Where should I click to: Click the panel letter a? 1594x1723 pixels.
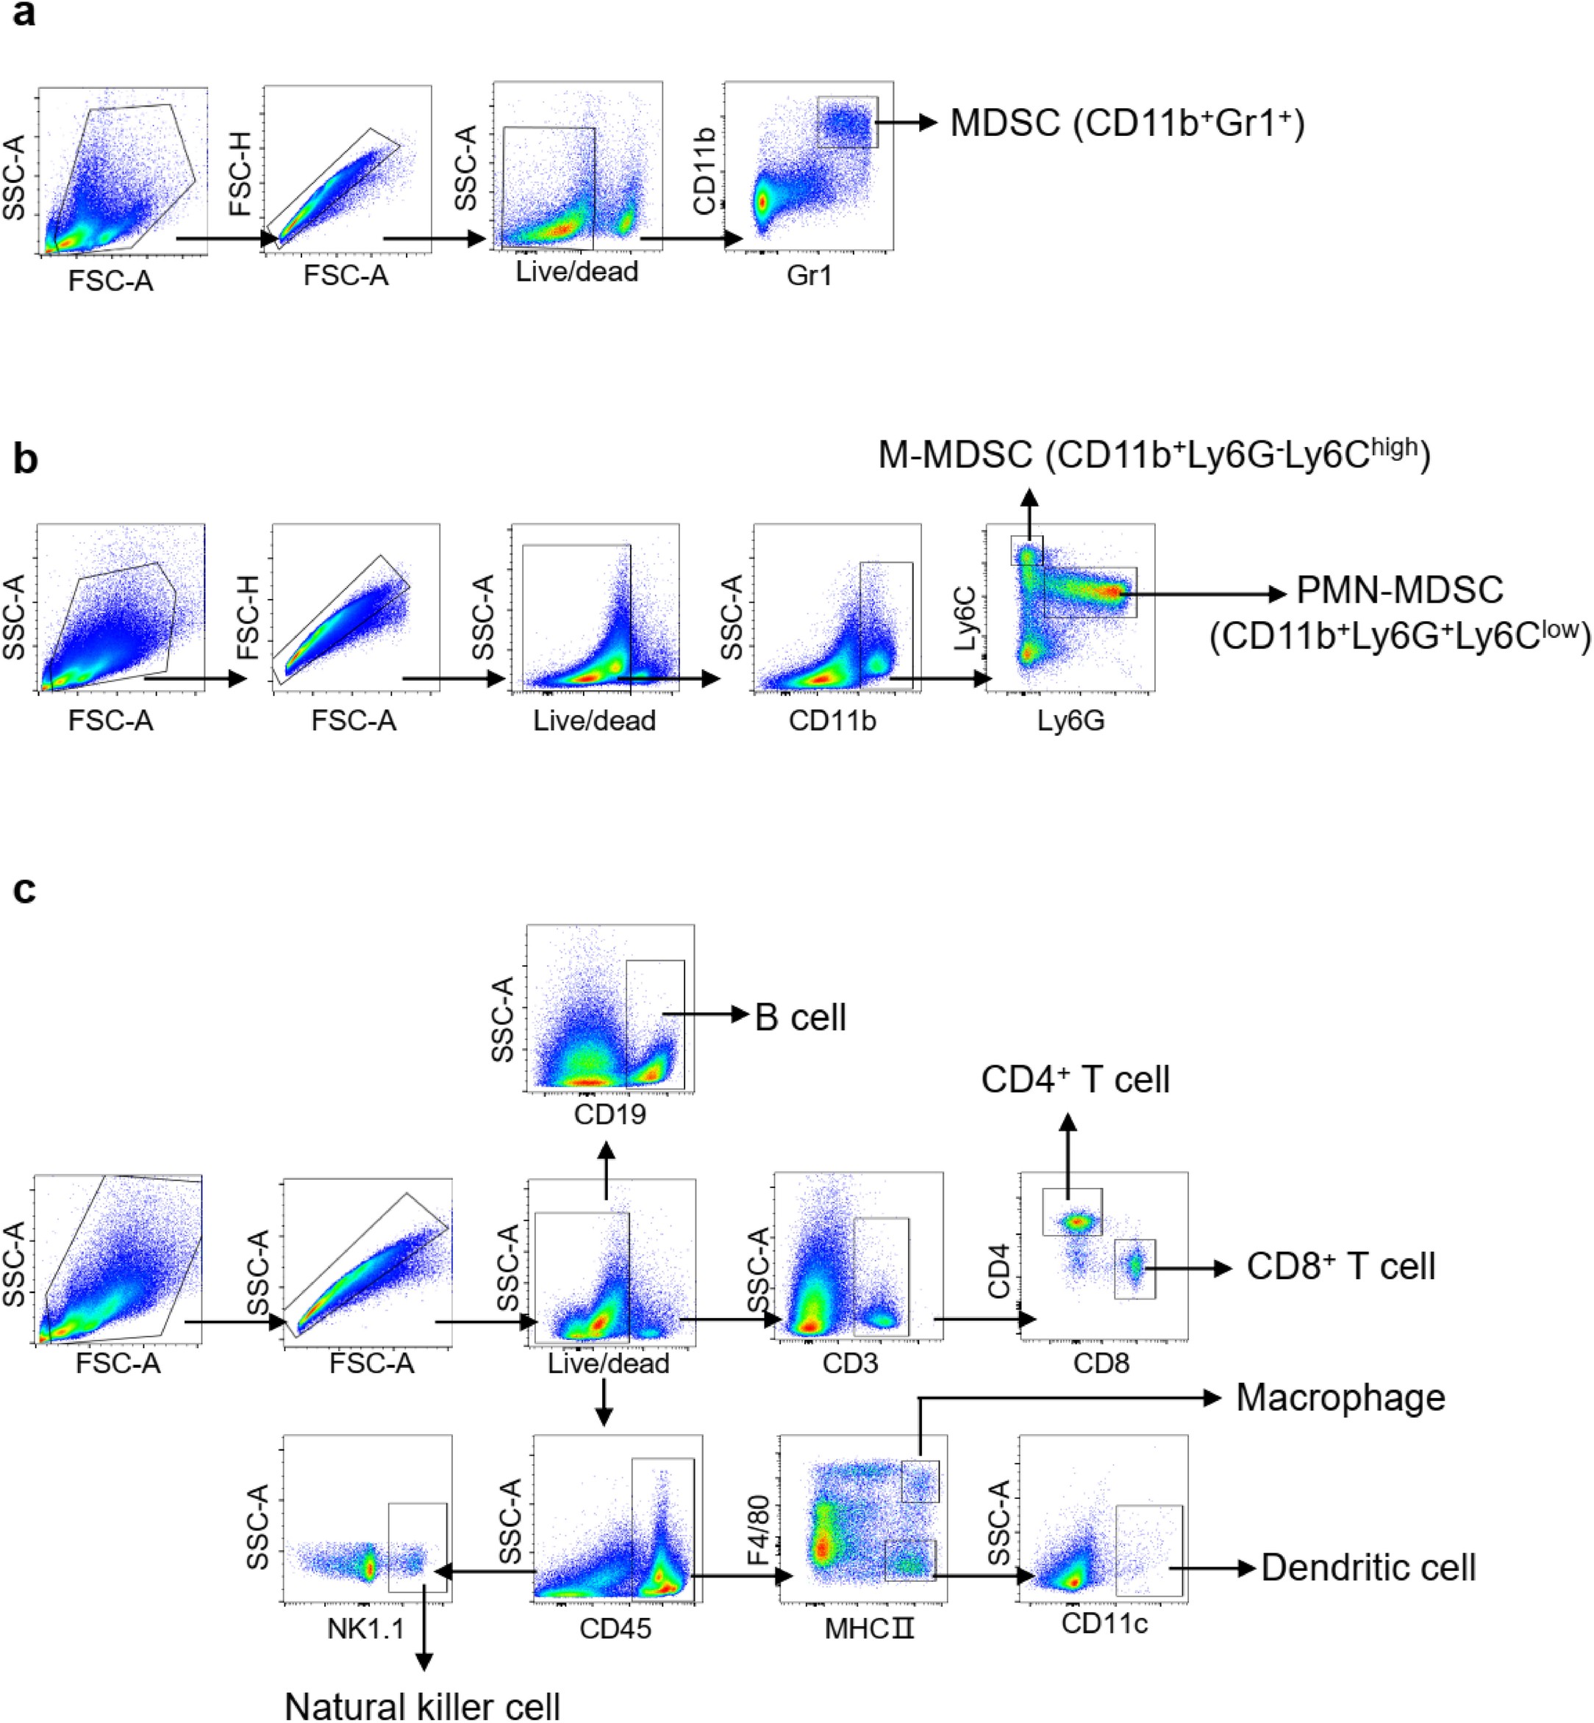pyautogui.click(x=24, y=16)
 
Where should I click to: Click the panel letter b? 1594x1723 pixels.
pyautogui.click(x=25, y=459)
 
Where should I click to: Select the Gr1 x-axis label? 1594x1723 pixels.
pyautogui.click(x=809, y=276)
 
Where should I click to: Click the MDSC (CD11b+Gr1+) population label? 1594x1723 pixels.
pyautogui.click(x=1126, y=123)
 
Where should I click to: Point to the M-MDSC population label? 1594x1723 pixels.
pyautogui.click(x=1154, y=454)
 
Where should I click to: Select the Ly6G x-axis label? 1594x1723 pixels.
pyautogui.click(x=1071, y=721)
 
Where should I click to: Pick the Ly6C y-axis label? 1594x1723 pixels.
pyautogui.click(x=966, y=617)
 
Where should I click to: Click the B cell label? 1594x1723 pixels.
pyautogui.click(x=800, y=1017)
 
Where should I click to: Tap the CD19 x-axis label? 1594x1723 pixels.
pyautogui.click(x=610, y=1114)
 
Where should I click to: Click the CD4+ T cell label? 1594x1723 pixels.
pyautogui.click(x=1075, y=1080)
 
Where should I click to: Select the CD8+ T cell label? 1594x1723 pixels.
pyautogui.click(x=1340, y=1267)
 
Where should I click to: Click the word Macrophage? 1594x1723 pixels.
pyautogui.click(x=1340, y=1398)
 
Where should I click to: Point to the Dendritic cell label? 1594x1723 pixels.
pyautogui.click(x=1368, y=1568)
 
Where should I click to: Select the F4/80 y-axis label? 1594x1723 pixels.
pyautogui.click(x=758, y=1532)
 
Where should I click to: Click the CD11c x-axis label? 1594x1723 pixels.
pyautogui.click(x=1104, y=1624)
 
